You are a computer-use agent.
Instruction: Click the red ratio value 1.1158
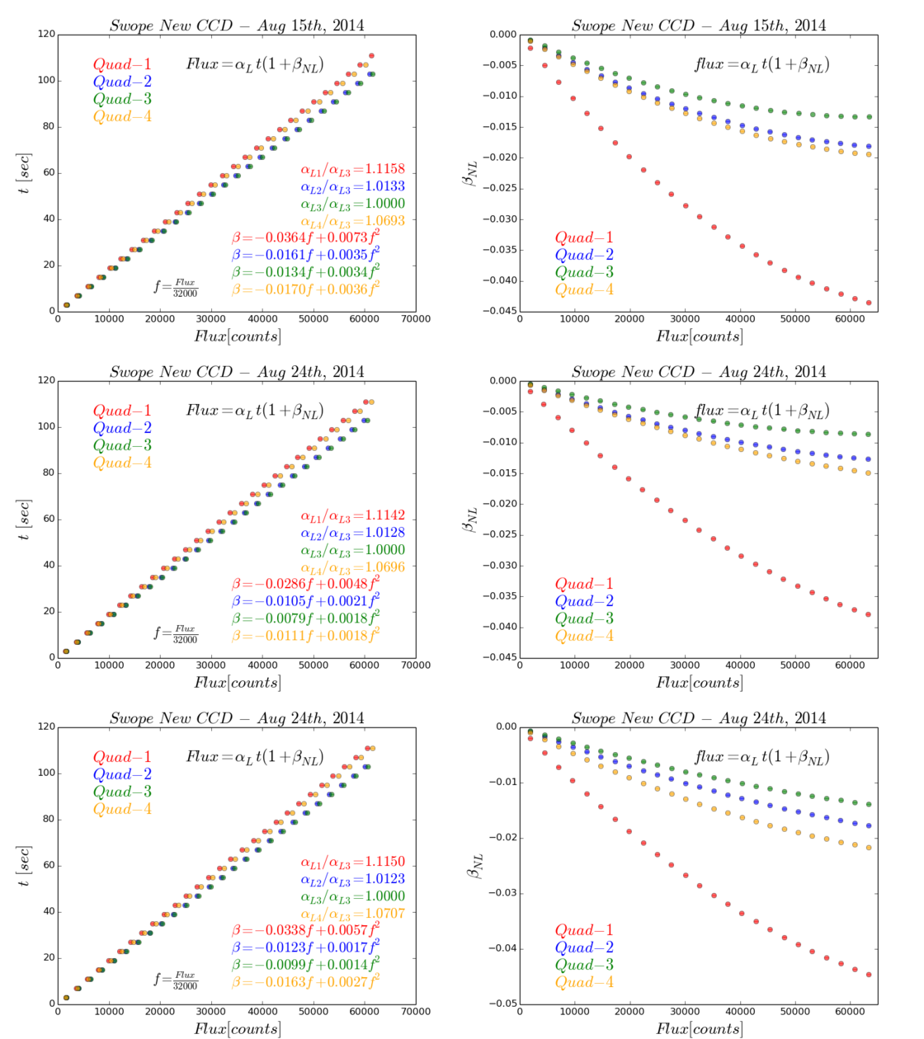point(385,170)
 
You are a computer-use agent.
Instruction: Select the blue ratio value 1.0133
point(385,186)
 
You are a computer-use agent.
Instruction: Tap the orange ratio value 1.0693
point(385,221)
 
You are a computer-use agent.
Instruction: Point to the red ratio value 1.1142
point(385,516)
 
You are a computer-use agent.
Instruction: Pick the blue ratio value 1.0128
point(385,533)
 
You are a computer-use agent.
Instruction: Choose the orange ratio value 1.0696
point(385,567)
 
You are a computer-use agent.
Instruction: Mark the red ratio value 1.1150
point(385,863)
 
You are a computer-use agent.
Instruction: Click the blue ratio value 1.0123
point(385,879)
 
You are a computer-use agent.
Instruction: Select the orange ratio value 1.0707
point(385,914)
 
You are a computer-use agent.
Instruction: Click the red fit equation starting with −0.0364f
point(306,237)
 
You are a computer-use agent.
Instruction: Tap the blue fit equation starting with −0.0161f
point(306,255)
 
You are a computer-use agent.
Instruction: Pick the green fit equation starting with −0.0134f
point(306,272)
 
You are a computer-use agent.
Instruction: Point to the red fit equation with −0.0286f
point(306,584)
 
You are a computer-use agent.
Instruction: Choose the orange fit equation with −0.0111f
point(306,636)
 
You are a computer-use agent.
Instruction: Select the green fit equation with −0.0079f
point(306,618)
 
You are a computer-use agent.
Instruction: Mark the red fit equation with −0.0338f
point(306,930)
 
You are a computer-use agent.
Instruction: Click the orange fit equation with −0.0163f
point(306,982)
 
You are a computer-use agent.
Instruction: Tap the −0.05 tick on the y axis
point(500,1004)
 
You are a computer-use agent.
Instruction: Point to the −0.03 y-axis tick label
point(500,893)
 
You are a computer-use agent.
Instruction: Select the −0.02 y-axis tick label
point(500,838)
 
